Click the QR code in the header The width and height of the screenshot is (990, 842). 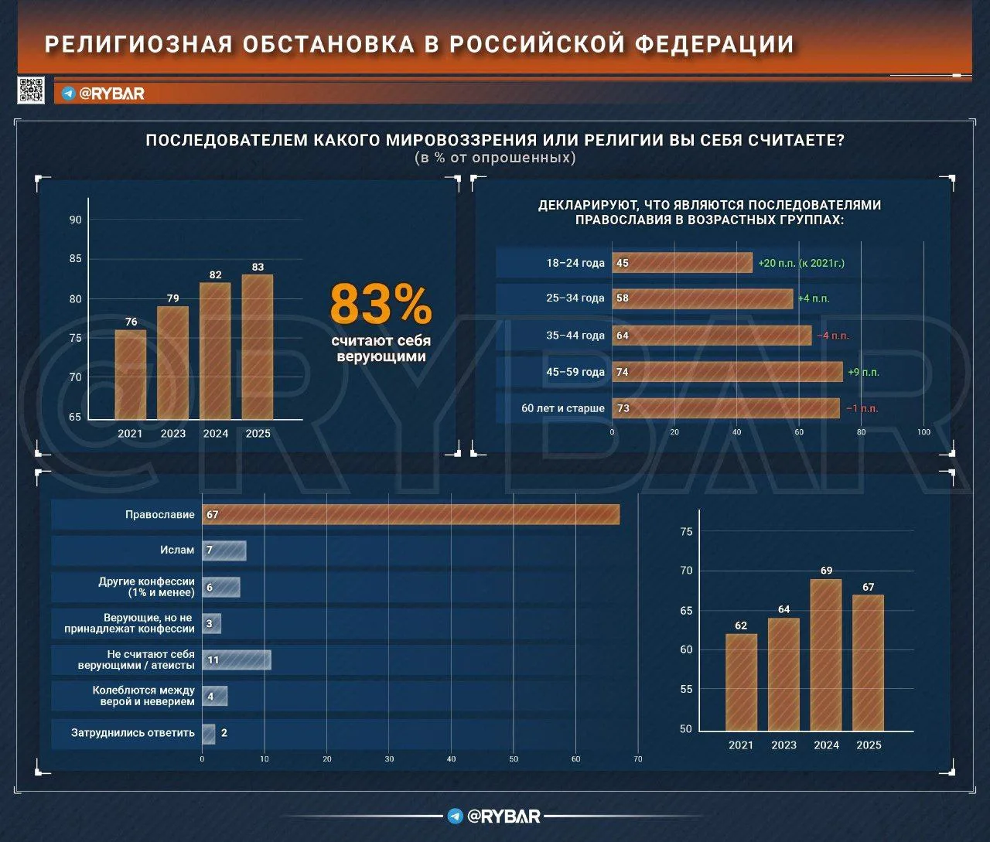(x=31, y=90)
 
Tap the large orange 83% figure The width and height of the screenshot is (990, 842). (x=381, y=305)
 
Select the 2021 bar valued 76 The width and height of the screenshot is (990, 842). (x=131, y=374)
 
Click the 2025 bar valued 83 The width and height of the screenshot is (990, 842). (x=258, y=346)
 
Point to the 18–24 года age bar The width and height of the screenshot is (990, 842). (x=681, y=263)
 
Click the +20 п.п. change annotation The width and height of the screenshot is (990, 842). (x=801, y=263)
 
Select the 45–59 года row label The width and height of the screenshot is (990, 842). (x=575, y=372)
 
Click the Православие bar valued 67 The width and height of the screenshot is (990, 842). (x=411, y=515)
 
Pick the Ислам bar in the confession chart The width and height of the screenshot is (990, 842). (x=224, y=551)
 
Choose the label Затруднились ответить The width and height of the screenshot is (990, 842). (x=133, y=732)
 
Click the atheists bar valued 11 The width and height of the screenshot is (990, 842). (x=237, y=660)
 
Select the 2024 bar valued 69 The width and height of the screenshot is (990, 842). (x=826, y=654)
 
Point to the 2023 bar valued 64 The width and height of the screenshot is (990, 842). (x=783, y=673)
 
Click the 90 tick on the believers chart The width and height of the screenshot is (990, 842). (x=75, y=220)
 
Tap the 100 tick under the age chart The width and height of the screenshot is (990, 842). (x=923, y=431)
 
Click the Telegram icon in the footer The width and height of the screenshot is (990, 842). (x=456, y=816)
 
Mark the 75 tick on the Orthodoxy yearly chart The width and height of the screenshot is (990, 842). (x=686, y=532)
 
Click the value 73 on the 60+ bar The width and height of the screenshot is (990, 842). (x=623, y=408)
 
